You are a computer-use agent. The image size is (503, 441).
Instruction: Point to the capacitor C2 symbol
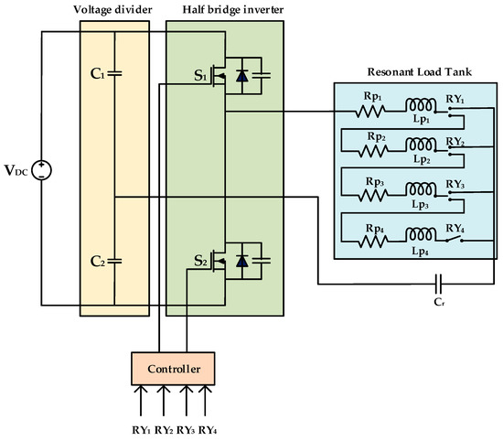[114, 261]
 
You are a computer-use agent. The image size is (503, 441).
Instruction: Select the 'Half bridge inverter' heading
[224, 10]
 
